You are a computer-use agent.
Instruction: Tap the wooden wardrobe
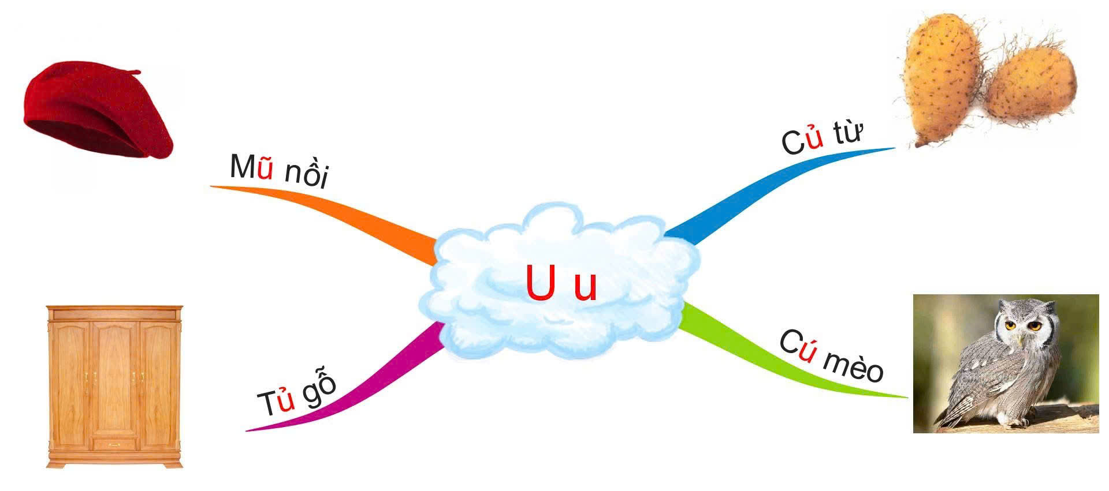(114, 387)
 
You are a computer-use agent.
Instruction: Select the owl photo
(1006, 363)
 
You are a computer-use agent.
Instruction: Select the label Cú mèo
(831, 356)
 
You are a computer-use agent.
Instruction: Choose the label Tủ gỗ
(296, 395)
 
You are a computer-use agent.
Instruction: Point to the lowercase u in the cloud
(585, 288)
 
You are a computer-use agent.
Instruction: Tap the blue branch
(751, 190)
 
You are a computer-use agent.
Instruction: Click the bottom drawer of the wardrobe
(115, 444)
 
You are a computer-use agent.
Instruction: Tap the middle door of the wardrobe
(115, 378)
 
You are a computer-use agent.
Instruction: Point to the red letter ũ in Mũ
(265, 169)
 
